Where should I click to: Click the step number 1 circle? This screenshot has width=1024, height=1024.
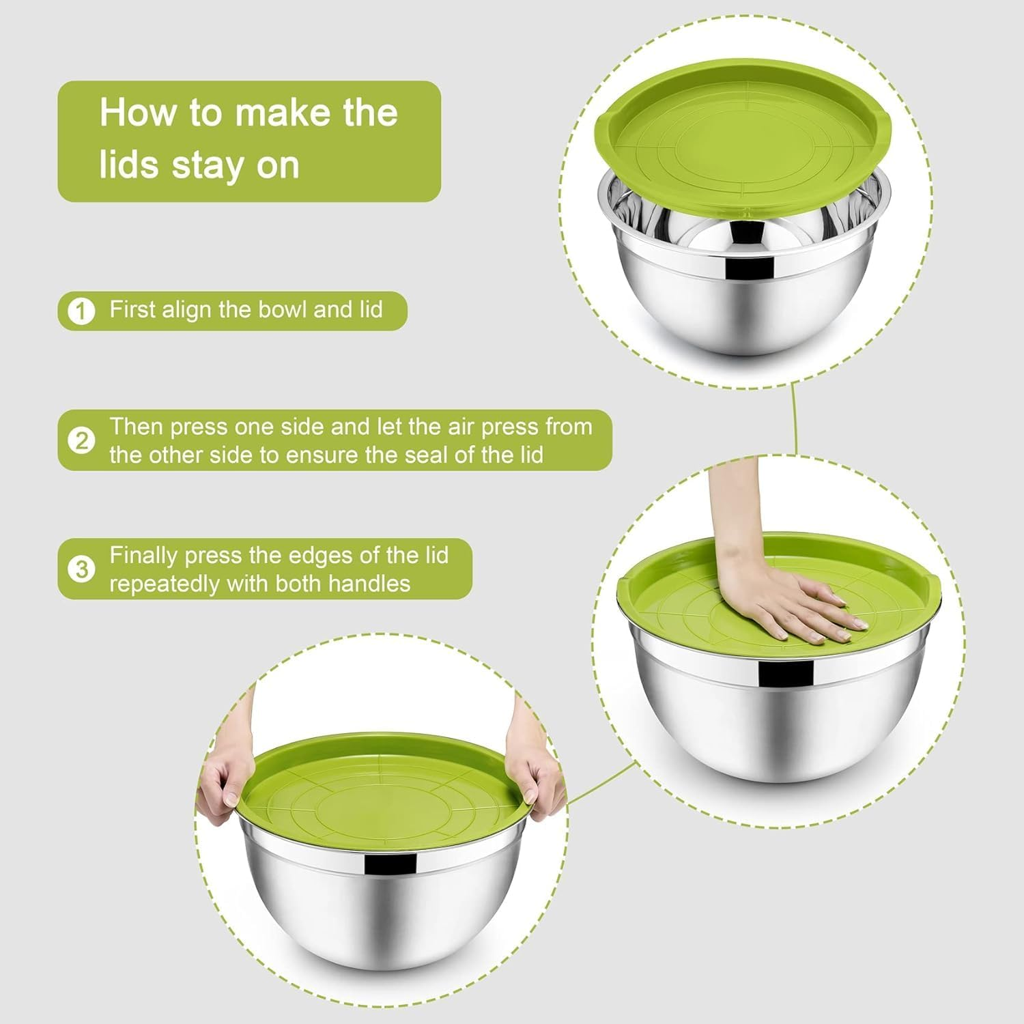(x=81, y=311)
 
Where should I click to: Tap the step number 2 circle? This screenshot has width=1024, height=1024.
(x=81, y=441)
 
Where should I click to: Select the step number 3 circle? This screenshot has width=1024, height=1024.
(x=81, y=569)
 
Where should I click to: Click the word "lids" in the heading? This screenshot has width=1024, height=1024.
(x=130, y=166)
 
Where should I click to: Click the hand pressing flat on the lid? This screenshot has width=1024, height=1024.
(x=792, y=604)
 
